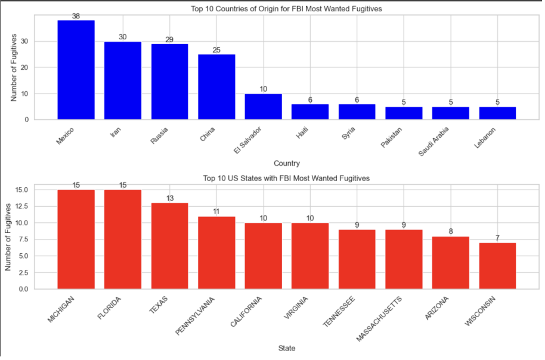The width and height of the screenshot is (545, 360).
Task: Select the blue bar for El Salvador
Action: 263,107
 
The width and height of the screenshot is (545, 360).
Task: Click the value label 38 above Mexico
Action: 76,16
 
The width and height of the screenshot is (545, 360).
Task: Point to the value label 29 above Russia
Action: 169,39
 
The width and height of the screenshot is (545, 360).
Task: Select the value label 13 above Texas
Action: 169,198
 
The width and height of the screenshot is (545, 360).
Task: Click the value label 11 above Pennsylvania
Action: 216,212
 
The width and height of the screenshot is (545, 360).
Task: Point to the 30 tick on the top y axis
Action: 24,42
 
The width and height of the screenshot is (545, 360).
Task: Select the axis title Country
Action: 286,163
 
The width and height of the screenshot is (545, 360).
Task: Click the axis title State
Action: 286,348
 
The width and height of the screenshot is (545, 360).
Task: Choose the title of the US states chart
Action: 286,179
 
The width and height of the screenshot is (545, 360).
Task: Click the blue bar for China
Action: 216,87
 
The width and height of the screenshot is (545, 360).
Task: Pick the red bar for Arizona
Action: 450,263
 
